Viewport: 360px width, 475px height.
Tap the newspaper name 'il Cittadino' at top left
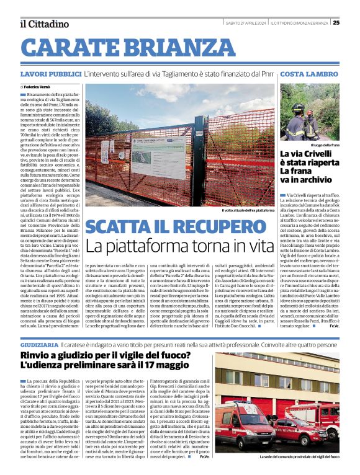(x=43, y=24)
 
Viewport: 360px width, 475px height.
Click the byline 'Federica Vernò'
(x=38, y=87)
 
